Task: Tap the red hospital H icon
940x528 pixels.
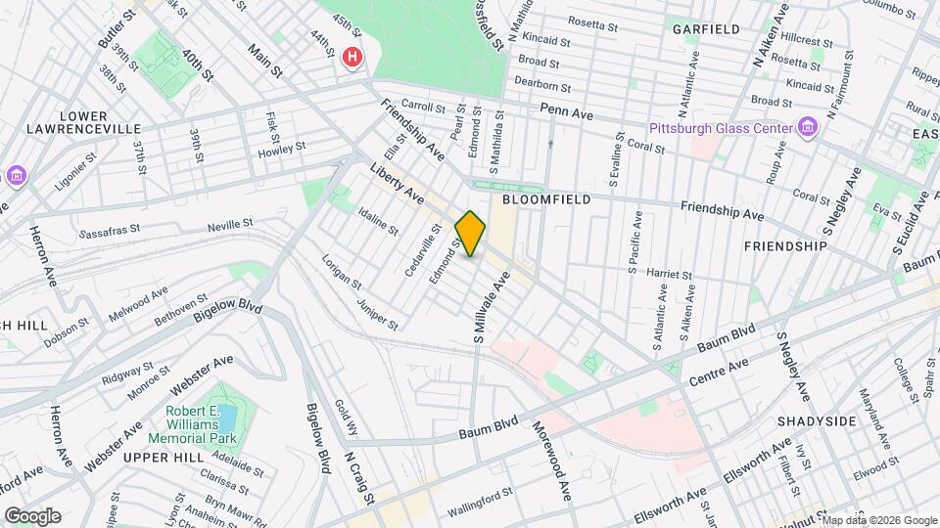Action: (x=352, y=59)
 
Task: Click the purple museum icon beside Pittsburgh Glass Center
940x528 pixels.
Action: (x=808, y=127)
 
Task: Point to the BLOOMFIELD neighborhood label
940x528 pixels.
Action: (x=546, y=198)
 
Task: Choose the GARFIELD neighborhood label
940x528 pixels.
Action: (x=706, y=29)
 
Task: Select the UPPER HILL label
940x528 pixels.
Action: (x=162, y=458)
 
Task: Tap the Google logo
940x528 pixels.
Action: (x=32, y=515)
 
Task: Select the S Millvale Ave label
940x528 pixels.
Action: (x=485, y=307)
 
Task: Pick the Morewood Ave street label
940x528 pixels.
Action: (x=551, y=461)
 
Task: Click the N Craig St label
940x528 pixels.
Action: (x=359, y=480)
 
